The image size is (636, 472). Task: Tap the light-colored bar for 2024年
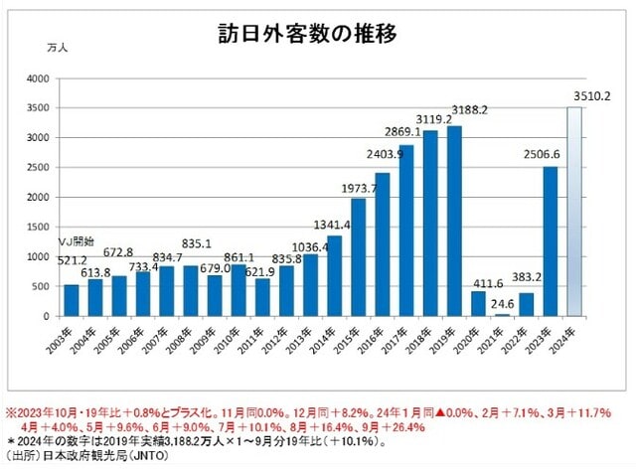(574, 212)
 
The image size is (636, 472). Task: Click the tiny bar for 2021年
(504, 314)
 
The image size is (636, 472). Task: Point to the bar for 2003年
(71, 300)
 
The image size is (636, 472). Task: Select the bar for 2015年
(358, 257)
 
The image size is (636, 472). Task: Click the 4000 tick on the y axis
(37, 79)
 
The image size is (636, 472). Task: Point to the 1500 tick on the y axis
(37, 227)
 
